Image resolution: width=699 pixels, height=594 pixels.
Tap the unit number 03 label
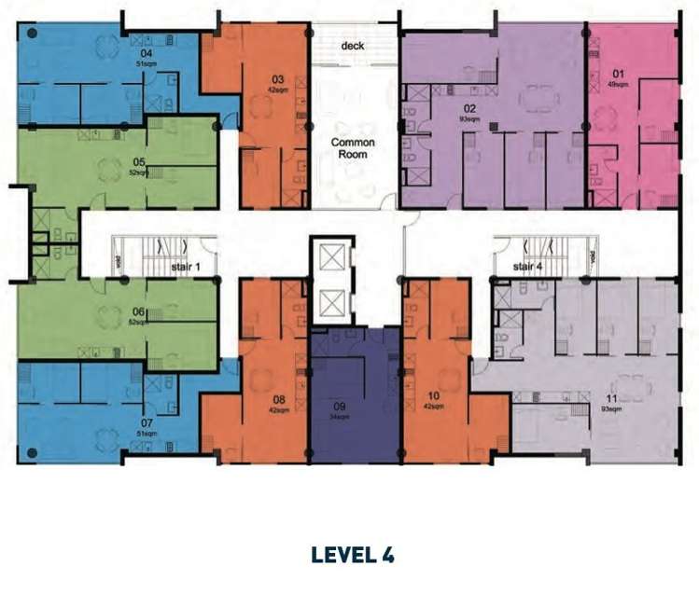pyautogui.click(x=278, y=79)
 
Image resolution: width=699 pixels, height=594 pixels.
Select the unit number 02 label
pyautogui.click(x=470, y=108)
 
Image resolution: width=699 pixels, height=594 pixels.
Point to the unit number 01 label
pyautogui.click(x=618, y=72)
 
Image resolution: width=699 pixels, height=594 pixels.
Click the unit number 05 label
pyautogui.click(x=139, y=161)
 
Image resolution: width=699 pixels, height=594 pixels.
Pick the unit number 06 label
pyautogui.click(x=139, y=311)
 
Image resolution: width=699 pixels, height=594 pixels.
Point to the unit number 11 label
pyautogui.click(x=612, y=398)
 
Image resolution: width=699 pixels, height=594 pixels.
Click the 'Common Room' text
pyautogui.click(x=353, y=149)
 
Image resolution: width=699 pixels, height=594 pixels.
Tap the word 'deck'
pyautogui.click(x=352, y=46)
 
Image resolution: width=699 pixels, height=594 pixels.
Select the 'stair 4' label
pyautogui.click(x=528, y=267)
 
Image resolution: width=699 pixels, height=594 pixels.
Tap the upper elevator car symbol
pyautogui.click(x=331, y=256)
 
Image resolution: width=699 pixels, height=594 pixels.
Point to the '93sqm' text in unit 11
pyautogui.click(x=612, y=408)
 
